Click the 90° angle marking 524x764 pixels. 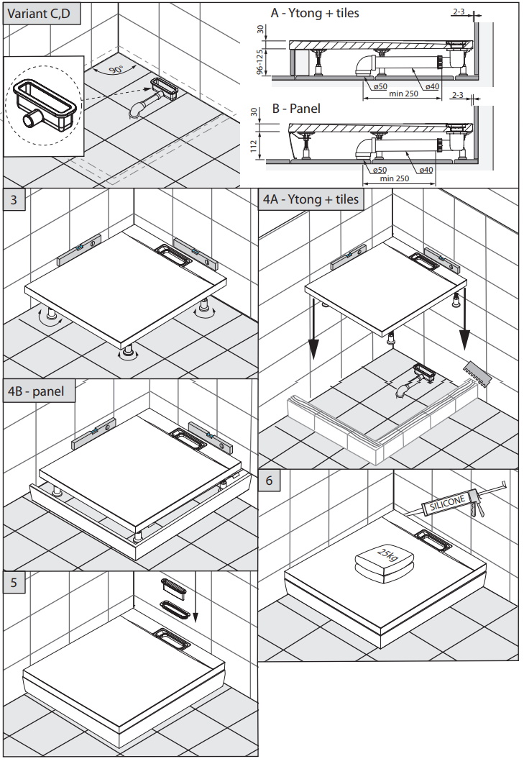click(116, 69)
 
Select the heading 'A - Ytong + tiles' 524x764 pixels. click(314, 13)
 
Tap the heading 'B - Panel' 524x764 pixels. click(296, 109)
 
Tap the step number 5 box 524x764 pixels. click(14, 583)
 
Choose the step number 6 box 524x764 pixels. click(270, 480)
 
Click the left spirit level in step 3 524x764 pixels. click(80, 250)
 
